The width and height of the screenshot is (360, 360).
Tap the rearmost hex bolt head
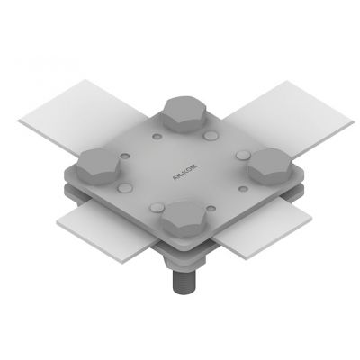(185, 115)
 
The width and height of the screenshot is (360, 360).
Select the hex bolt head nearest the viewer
(184, 219)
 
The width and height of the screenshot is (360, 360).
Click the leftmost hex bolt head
(98, 166)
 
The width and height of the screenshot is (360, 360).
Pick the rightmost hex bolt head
(269, 166)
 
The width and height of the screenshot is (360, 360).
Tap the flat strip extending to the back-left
(83, 115)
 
